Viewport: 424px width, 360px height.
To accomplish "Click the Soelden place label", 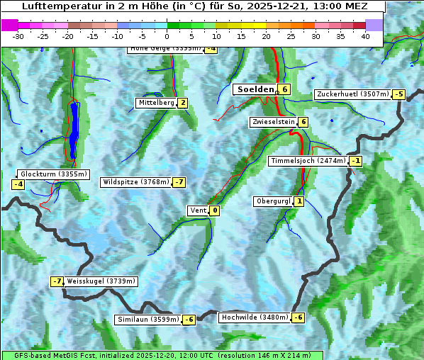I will point(255,89).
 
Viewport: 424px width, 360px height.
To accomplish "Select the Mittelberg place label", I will point(156,103).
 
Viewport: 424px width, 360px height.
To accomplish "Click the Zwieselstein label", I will point(273,122).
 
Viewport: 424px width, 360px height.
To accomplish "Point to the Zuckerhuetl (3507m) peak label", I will point(352,94).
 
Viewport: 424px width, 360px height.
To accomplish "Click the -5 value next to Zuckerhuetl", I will point(399,94).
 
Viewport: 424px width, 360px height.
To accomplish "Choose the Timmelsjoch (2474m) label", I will point(308,161).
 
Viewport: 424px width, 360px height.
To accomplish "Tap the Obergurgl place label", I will point(273,201).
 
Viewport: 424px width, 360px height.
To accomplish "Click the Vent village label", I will point(198,210).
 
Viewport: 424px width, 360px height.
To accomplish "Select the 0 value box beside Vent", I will point(215,210).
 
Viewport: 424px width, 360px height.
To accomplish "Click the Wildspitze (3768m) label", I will point(135,182).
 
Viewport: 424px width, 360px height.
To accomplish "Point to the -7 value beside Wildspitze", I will point(179,182).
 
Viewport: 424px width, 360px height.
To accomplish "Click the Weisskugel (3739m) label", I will point(101,281).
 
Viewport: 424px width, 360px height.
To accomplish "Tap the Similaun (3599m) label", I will point(147,320).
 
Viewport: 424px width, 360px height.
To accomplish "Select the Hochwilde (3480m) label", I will point(254,317).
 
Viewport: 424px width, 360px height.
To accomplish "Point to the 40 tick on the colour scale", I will point(365,36).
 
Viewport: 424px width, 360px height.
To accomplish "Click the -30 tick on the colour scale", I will point(18,36).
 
